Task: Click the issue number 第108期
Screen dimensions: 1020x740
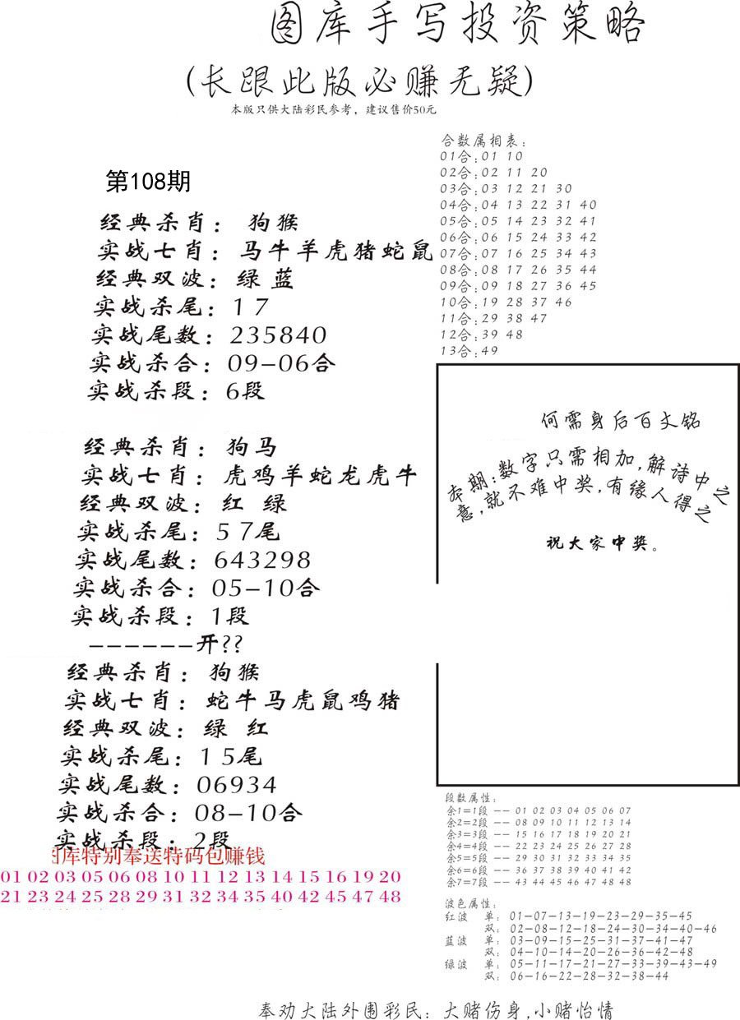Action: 148,181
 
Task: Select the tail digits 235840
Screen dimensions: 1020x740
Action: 279,335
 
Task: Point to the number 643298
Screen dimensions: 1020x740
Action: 262,561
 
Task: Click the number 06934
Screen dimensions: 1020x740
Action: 237,785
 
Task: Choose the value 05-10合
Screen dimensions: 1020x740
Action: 266,588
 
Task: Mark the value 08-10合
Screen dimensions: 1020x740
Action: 249,814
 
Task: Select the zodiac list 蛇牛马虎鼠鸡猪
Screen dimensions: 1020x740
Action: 302,701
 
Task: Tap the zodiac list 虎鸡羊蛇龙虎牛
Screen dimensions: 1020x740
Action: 320,477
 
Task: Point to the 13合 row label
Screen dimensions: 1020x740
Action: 453,352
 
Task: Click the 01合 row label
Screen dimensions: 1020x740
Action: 453,156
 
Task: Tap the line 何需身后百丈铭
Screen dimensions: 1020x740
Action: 621,420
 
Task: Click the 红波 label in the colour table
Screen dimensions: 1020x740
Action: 456,916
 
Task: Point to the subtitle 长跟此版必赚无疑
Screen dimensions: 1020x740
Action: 359,82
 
